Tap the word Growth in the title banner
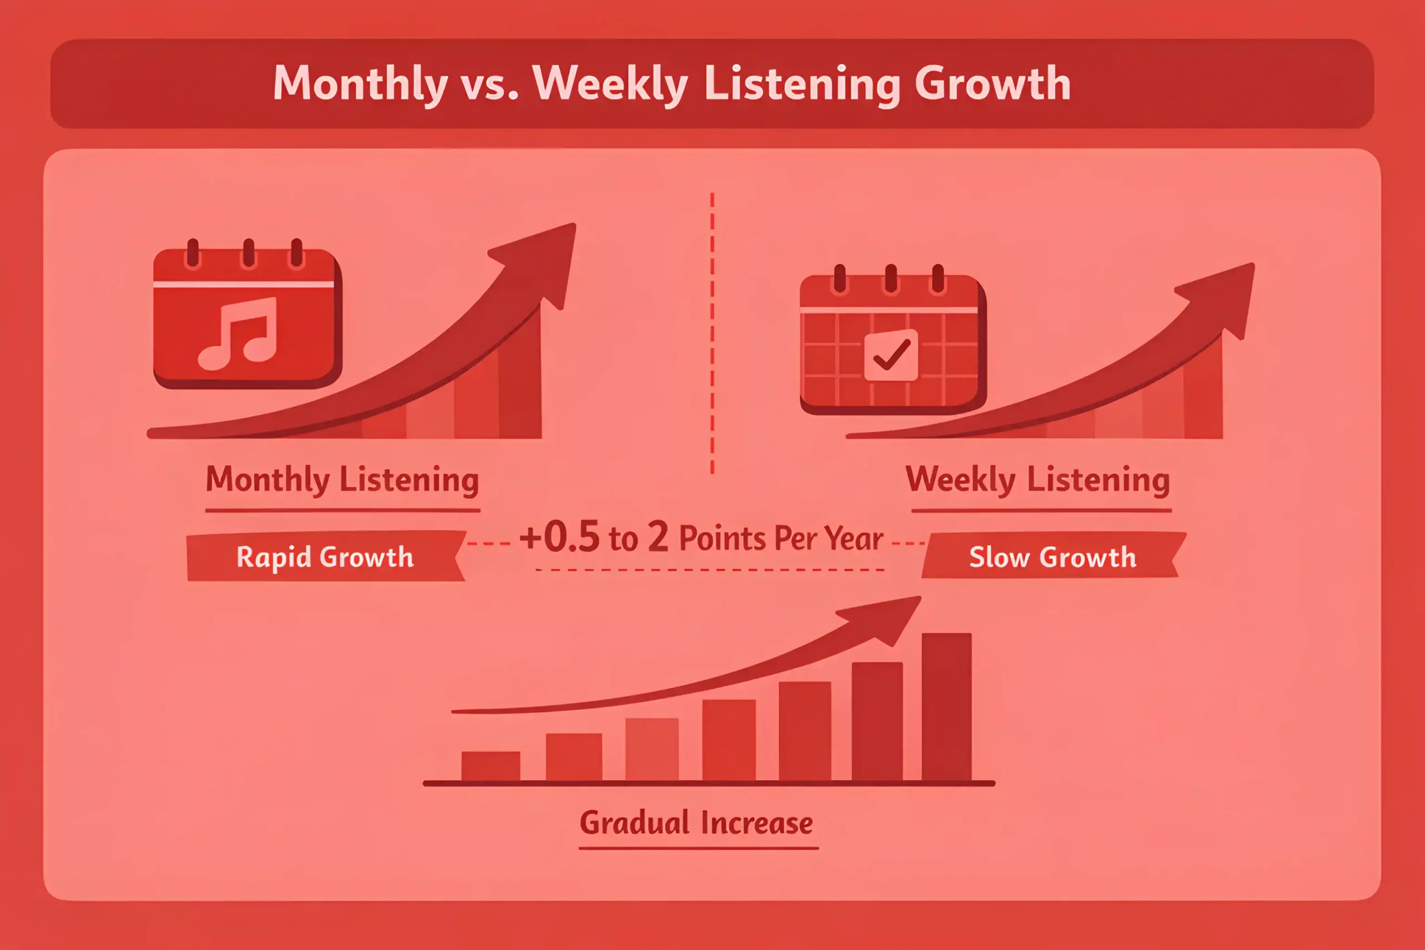click(x=992, y=83)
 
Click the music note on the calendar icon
click(x=238, y=333)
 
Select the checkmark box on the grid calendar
click(x=891, y=355)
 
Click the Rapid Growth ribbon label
click(x=325, y=556)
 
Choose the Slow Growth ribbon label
click(x=1053, y=555)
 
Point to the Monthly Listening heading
click(x=342, y=480)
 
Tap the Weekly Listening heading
click(x=1038, y=480)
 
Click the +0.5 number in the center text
click(x=559, y=537)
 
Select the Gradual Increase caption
click(x=696, y=823)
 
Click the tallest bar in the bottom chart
click(x=946, y=707)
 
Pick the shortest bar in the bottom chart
click(x=491, y=766)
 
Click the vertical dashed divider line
click(x=712, y=333)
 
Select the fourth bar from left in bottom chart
click(x=729, y=740)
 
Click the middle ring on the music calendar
click(x=248, y=253)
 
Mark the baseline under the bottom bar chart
click(x=709, y=784)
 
